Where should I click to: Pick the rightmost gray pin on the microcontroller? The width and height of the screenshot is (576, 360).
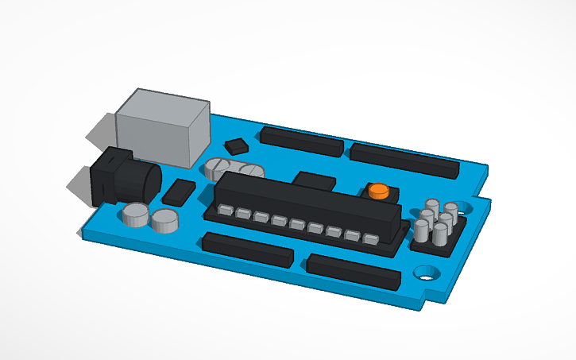(370, 238)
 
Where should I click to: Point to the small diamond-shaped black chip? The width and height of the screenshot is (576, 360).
(237, 145)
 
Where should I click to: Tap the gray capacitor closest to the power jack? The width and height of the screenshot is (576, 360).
(136, 215)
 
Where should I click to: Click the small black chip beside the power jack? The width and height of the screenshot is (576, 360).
(179, 192)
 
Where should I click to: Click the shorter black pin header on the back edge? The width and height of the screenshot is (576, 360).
(302, 141)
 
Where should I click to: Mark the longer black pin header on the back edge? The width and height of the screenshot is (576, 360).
(404, 160)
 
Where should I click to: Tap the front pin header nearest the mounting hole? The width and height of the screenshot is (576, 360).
(353, 271)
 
